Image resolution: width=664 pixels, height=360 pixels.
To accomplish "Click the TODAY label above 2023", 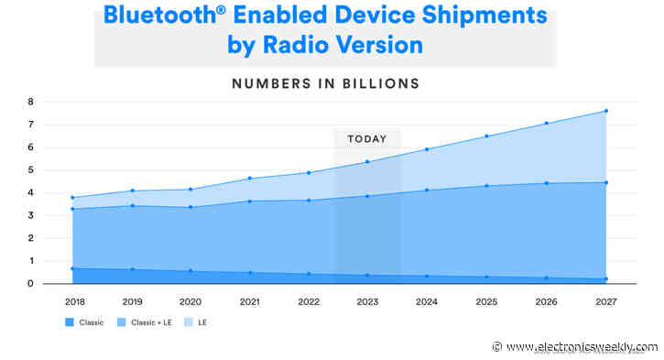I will (366, 139).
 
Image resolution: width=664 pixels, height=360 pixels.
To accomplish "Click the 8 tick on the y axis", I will (30, 102).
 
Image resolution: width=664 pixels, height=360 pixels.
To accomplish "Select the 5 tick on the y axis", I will (30, 170).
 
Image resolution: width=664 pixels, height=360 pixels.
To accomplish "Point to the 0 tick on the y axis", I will (30, 284).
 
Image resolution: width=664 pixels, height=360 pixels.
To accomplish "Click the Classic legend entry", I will (86, 323).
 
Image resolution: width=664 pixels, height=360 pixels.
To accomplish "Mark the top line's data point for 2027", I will (605, 111).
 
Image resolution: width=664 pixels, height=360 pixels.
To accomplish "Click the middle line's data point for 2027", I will (605, 182).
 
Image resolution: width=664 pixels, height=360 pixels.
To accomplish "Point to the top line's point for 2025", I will (486, 136).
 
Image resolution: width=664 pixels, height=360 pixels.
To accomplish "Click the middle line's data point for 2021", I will (249, 201).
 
